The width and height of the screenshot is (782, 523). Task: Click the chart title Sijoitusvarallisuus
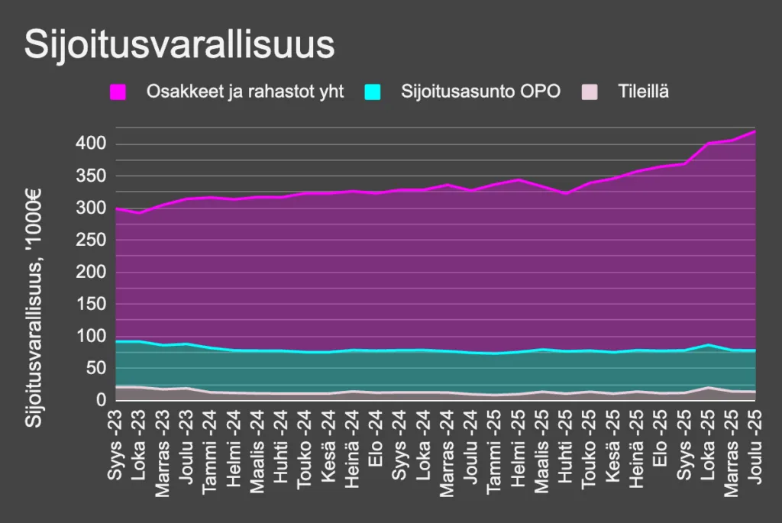point(179,45)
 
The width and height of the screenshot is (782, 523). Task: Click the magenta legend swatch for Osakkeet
point(118,92)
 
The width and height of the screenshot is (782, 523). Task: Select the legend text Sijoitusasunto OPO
point(481,92)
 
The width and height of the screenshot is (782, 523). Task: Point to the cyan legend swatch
point(372,92)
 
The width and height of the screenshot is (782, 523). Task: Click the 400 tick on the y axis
point(90,144)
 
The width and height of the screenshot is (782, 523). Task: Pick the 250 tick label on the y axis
point(90,241)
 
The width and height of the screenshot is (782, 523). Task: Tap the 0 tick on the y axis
point(100,401)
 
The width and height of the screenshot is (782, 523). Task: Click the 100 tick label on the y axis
point(90,337)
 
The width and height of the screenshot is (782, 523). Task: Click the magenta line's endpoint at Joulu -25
point(755,131)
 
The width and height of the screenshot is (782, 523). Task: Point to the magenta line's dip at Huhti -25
point(566,193)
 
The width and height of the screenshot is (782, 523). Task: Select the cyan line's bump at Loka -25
point(708,345)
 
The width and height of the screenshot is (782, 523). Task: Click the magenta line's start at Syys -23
point(116,208)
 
